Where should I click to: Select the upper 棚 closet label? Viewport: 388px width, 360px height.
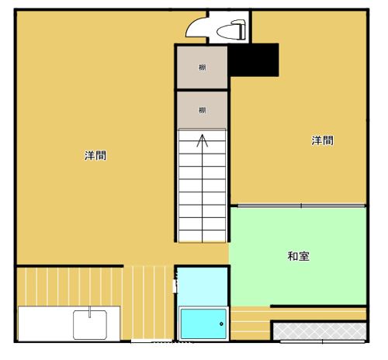(x=202, y=67)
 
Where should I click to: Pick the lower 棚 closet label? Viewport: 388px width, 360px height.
(x=202, y=109)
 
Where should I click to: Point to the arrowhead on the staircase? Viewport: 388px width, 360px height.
(x=203, y=140)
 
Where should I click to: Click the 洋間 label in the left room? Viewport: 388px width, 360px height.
(x=95, y=155)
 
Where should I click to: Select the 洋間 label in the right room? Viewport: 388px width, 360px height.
(x=323, y=140)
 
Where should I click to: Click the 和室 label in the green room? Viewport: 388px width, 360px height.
(x=299, y=255)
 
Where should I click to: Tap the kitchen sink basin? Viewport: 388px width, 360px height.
(x=95, y=324)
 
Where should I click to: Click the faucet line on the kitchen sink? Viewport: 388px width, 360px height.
(x=90, y=313)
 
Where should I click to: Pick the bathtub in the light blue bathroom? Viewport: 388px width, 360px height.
(x=203, y=323)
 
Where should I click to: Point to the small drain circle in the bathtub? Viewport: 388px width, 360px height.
(x=221, y=323)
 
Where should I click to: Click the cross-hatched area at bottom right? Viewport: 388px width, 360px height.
(x=318, y=331)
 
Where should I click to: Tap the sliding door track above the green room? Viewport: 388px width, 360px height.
(x=300, y=205)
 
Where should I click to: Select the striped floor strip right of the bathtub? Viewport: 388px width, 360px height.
(x=248, y=324)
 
